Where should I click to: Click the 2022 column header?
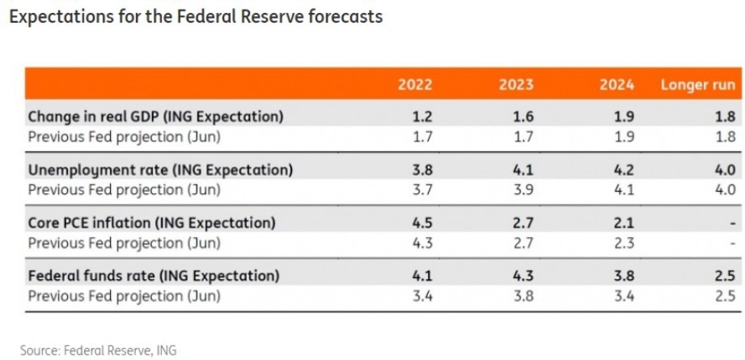(415, 84)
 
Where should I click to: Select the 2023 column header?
(517, 84)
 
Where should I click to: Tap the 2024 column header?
(617, 84)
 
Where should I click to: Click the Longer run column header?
(698, 84)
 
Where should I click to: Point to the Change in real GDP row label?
(155, 116)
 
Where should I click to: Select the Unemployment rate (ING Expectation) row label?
(160, 170)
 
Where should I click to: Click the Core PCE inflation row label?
(151, 222)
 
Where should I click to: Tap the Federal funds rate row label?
(154, 275)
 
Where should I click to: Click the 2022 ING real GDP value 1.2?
(423, 116)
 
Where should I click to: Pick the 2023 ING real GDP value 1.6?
(523, 116)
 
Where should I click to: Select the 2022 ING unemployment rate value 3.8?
(423, 170)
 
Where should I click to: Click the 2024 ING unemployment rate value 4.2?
(624, 170)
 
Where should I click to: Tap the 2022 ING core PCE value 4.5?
(423, 222)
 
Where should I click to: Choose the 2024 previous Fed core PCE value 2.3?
(624, 243)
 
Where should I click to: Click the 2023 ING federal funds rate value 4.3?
(523, 275)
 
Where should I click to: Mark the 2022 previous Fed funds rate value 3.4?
(423, 296)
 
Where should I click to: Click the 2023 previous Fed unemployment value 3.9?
(523, 190)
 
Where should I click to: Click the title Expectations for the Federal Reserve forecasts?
(196, 16)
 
